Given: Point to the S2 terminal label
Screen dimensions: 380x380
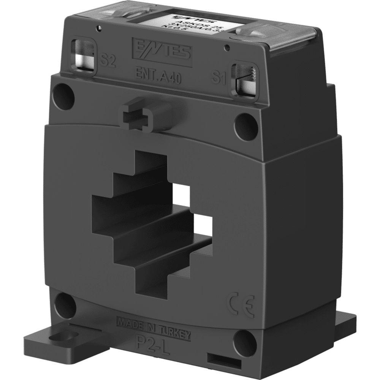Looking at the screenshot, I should coord(107,60).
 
